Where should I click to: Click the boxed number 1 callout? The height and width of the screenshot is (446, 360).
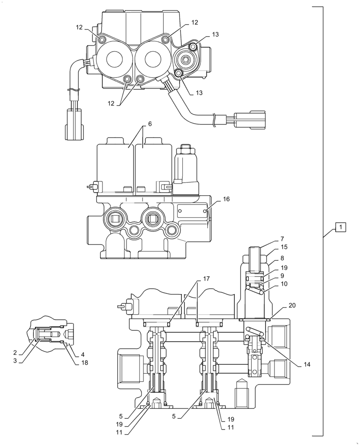[x=340, y=228]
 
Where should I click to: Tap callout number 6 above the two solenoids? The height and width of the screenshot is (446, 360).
[x=150, y=124]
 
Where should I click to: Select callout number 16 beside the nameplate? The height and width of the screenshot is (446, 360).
[x=226, y=199]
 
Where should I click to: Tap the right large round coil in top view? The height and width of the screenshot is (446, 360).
[x=152, y=59]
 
